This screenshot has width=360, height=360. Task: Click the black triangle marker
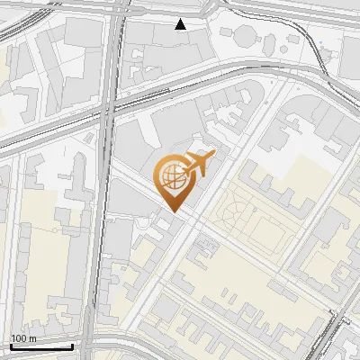(x=181, y=24)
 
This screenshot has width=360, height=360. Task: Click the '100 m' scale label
(x=23, y=338)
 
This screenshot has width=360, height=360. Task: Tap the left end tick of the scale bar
(x=11, y=345)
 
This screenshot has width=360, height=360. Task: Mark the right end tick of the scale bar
(x=73, y=345)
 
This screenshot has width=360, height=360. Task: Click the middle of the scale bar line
(x=41, y=346)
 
